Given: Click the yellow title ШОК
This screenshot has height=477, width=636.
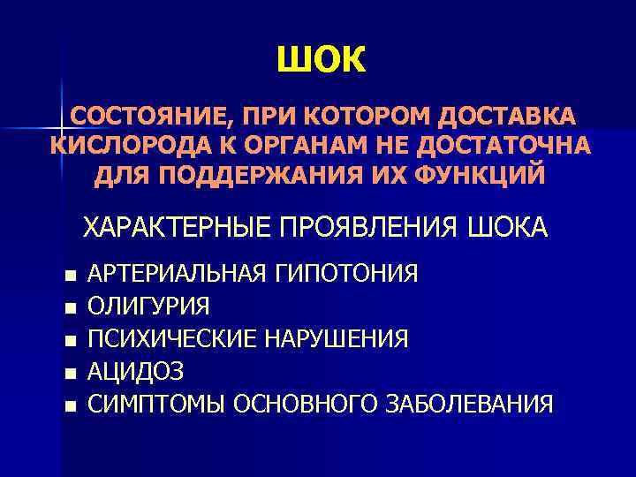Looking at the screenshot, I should (x=319, y=60).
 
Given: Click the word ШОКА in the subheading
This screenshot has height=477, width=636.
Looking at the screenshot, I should (x=510, y=228).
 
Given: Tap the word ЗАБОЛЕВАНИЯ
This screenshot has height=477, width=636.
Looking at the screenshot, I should (x=470, y=405).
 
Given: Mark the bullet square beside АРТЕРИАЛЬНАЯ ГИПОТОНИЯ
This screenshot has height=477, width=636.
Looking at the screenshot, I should (x=71, y=275).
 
